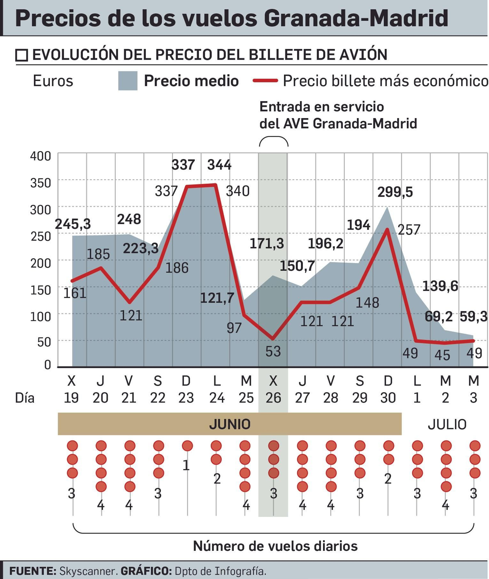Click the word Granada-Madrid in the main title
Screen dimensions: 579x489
pyautogui.click(x=356, y=18)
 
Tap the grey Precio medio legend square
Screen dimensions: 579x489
pyautogui.click(x=128, y=81)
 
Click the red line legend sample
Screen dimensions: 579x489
pyautogui.click(x=265, y=81)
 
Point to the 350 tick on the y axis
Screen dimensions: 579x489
pyautogui.click(x=40, y=183)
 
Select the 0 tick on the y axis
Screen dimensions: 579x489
pyautogui.click(x=47, y=365)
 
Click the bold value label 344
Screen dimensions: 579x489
pyautogui.click(x=219, y=165)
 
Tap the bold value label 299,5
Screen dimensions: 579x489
pyautogui.click(x=395, y=192)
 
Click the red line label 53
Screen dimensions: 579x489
pyautogui.click(x=273, y=351)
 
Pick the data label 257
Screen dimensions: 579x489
pyautogui.click(x=409, y=229)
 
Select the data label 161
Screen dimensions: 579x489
pyautogui.click(x=75, y=293)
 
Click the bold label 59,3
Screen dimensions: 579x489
pyautogui.click(x=473, y=317)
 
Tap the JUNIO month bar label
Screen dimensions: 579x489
pyautogui.click(x=230, y=424)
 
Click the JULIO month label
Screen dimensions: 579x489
pyautogui.click(x=447, y=424)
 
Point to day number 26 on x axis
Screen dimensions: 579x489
pyautogui.click(x=273, y=398)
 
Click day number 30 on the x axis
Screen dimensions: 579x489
pyautogui.click(x=388, y=398)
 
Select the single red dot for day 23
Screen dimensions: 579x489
pyautogui.click(x=187, y=446)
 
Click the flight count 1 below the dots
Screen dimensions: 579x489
pyautogui.click(x=186, y=465)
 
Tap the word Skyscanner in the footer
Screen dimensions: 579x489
pyautogui.click(x=88, y=571)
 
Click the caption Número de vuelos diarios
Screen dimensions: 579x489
pyautogui.click(x=275, y=546)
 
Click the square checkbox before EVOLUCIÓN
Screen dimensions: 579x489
pyautogui.click(x=22, y=55)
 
